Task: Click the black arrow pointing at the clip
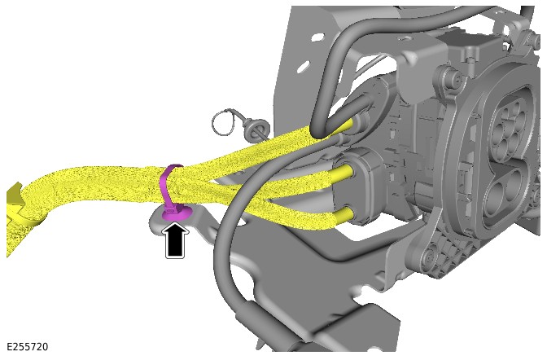[175, 242]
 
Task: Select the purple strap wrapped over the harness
[168, 185]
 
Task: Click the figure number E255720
[27, 347]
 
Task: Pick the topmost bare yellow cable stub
[348, 125]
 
